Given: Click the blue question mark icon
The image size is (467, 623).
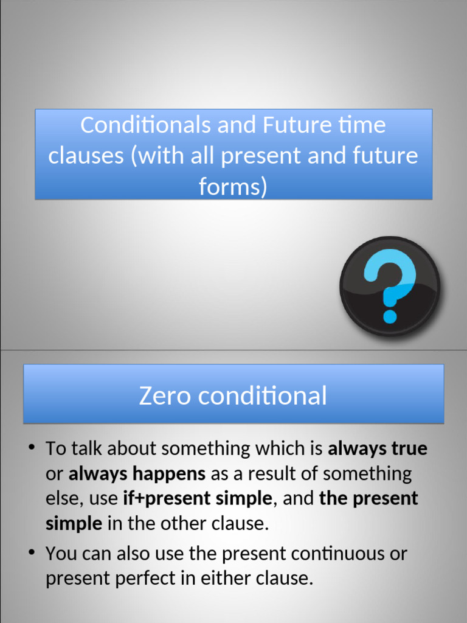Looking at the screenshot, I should (x=390, y=285).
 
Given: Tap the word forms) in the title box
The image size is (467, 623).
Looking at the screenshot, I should (x=233, y=187).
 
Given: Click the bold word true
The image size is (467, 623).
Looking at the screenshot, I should (x=409, y=449).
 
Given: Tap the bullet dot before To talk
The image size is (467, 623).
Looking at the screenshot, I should (x=31, y=449).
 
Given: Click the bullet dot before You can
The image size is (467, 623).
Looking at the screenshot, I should (x=31, y=553).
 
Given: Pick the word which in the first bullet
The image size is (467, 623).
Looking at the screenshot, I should (x=280, y=449).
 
